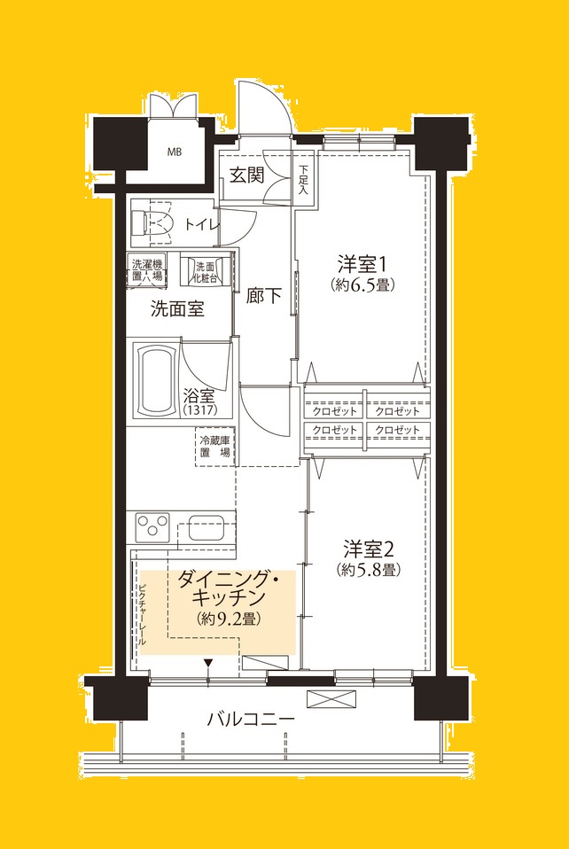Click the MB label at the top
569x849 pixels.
tap(175, 152)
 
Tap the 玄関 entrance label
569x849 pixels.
tap(247, 175)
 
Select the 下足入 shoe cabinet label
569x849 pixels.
tap(303, 179)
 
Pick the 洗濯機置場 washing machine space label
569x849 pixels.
tap(147, 269)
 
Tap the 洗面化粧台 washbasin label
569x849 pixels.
tap(206, 271)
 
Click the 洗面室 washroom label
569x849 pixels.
tap(177, 309)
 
